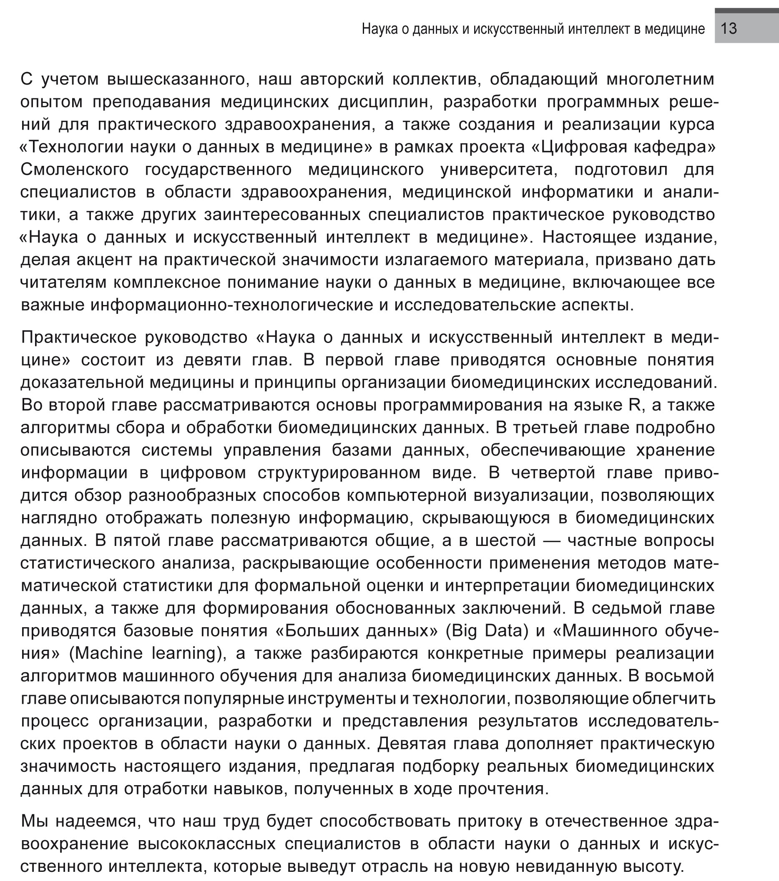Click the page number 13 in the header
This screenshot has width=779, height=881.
(x=729, y=28)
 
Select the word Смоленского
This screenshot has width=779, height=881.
(x=74, y=169)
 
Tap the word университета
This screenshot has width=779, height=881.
(x=499, y=169)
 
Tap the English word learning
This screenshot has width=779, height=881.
(x=188, y=653)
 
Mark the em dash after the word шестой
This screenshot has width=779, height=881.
(x=552, y=541)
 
